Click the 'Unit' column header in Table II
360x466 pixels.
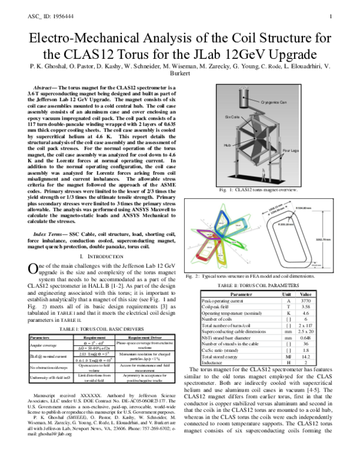(x=287, y=294)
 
